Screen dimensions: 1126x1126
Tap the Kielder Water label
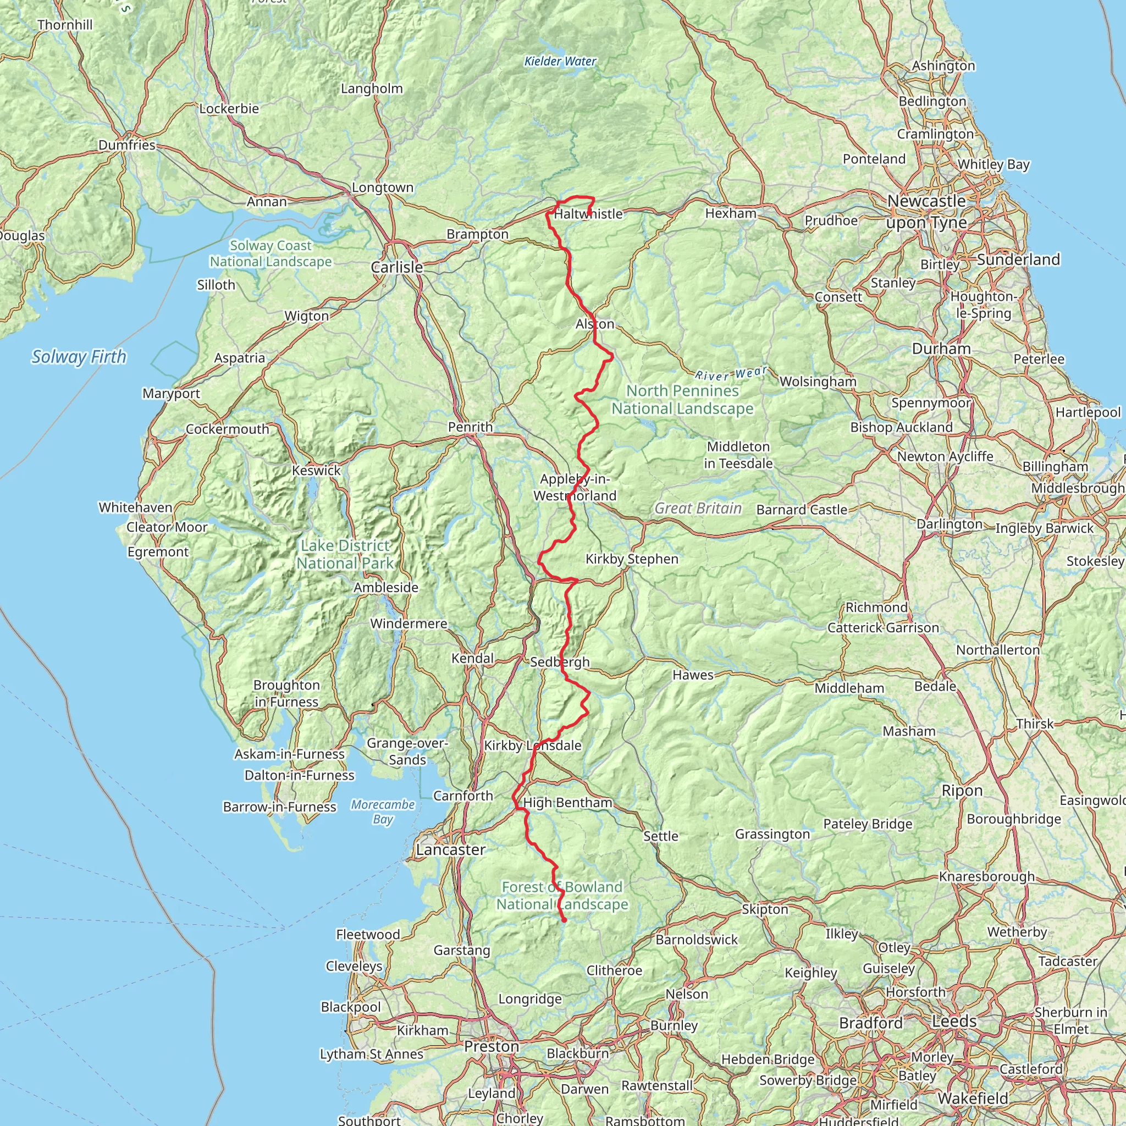tap(560, 61)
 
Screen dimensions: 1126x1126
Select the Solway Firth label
tap(79, 357)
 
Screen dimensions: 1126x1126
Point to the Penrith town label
tap(470, 427)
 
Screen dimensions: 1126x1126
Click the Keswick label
tap(317, 470)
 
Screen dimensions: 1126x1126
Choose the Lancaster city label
tap(450, 850)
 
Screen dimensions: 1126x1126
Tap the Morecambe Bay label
tap(382, 812)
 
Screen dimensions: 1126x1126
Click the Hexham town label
tap(731, 213)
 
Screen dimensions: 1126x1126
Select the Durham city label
tap(941, 349)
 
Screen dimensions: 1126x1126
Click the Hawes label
tap(693, 675)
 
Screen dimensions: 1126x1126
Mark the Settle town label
tap(661, 836)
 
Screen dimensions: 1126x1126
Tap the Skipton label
tap(765, 909)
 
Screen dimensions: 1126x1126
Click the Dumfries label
tap(127, 145)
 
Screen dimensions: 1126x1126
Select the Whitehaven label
tap(135, 507)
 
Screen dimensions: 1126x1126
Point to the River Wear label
tap(731, 373)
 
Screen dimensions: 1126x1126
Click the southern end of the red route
tap(564, 921)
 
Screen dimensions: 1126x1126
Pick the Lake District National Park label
tap(345, 554)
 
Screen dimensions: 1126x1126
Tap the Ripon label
tap(962, 790)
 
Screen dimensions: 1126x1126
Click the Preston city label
tap(492, 1047)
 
